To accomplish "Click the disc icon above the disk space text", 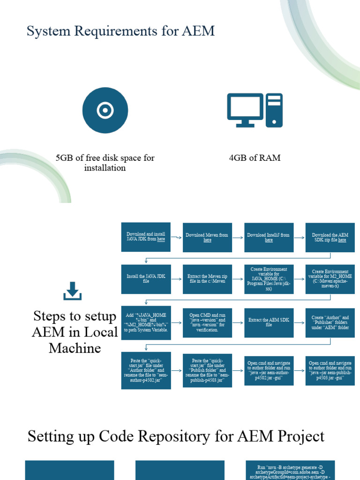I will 105,110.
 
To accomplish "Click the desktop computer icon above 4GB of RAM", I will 255,110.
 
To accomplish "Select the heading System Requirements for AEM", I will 120,31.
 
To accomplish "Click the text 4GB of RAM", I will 255,158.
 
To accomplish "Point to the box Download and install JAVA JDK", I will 146,237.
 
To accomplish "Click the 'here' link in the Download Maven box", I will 207,240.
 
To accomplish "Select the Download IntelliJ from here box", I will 269,237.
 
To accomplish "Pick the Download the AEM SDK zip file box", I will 330,237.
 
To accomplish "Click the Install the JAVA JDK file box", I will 146,279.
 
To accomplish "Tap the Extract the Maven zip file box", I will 207,279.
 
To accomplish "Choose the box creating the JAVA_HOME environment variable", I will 269,279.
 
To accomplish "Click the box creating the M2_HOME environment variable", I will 330,279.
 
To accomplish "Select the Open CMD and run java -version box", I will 207,322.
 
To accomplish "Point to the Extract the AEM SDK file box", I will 269,322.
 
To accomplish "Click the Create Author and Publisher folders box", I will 330,322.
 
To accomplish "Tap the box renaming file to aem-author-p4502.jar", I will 146,370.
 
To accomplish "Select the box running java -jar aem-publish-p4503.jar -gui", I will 330,370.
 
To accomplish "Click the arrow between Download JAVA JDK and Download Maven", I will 177,238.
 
